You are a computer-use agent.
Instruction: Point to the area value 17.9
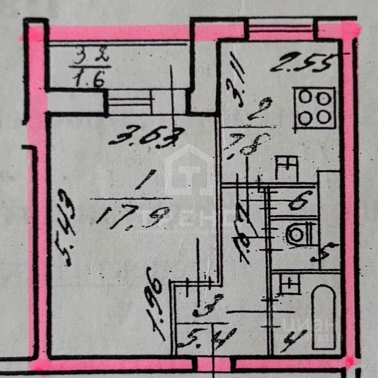click(126, 217)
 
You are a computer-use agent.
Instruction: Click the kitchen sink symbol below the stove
click(286, 167)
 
